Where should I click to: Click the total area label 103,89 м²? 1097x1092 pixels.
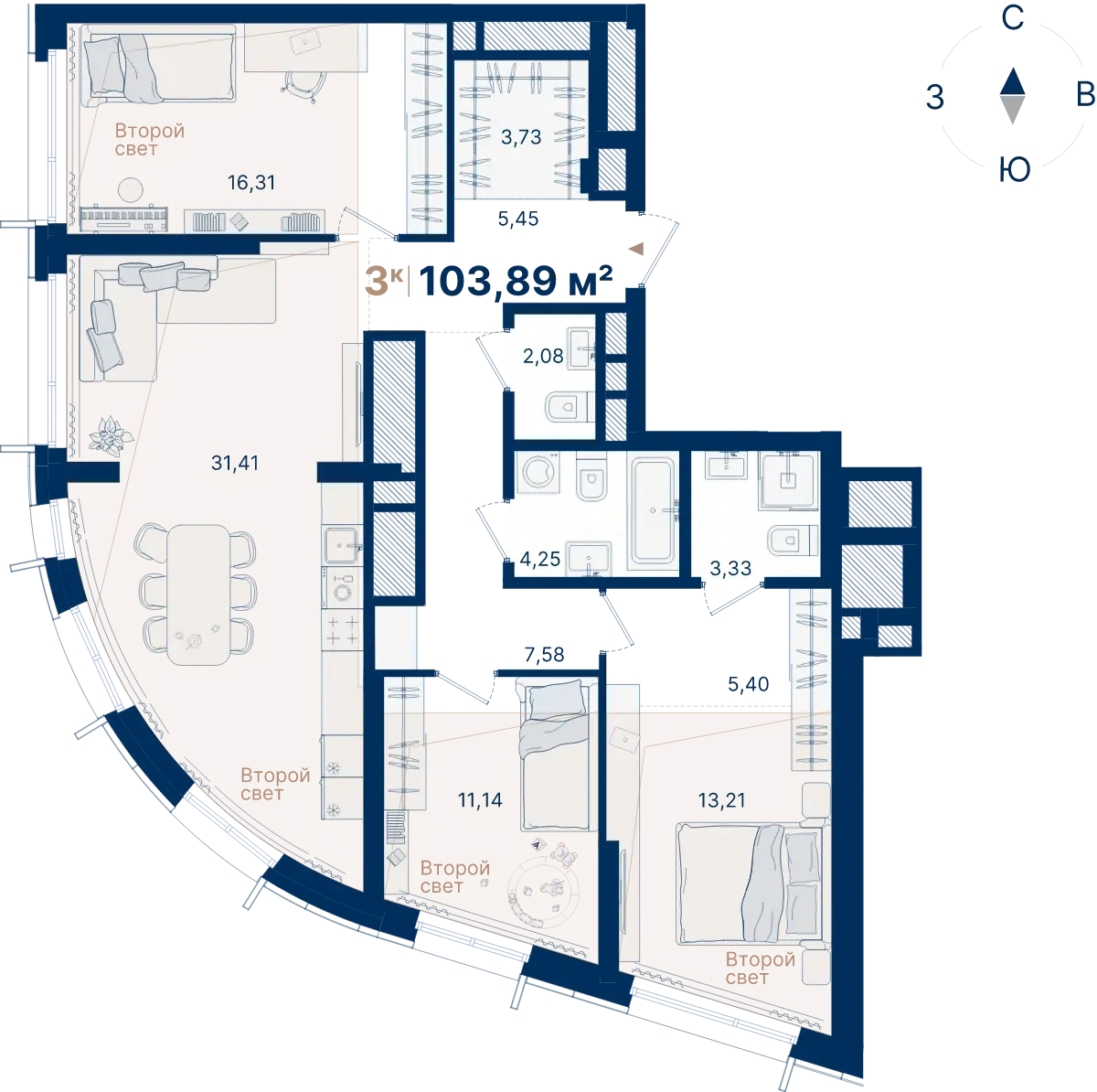pyautogui.click(x=516, y=282)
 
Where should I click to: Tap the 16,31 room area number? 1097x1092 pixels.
pyautogui.click(x=251, y=183)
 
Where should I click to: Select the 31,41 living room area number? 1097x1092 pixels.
pyautogui.click(x=235, y=463)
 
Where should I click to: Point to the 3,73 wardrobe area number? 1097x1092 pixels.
pyautogui.click(x=521, y=137)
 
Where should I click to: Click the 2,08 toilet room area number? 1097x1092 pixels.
pyautogui.click(x=543, y=356)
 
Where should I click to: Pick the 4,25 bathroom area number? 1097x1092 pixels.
pyautogui.click(x=539, y=559)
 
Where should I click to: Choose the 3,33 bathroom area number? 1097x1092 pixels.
pyautogui.click(x=730, y=568)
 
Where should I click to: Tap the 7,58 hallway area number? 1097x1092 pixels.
pyautogui.click(x=544, y=655)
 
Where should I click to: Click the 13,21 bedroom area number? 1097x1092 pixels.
pyautogui.click(x=722, y=800)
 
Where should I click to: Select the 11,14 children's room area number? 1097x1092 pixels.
pyautogui.click(x=480, y=799)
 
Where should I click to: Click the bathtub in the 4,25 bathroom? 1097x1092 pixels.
pyautogui.click(x=654, y=510)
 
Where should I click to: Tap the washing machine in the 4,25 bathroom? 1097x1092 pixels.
pyautogui.click(x=538, y=472)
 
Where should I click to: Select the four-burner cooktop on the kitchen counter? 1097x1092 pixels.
pyautogui.click(x=342, y=630)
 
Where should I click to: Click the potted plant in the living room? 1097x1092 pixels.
pyautogui.click(x=111, y=436)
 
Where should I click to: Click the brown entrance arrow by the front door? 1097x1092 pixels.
pyautogui.click(x=636, y=249)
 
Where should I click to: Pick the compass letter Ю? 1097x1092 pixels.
pyautogui.click(x=1015, y=170)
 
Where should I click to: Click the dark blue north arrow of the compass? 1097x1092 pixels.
pyautogui.click(x=1013, y=81)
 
